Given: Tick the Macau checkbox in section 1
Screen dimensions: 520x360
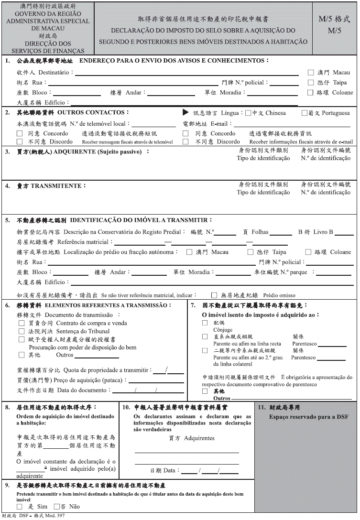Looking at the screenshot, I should [310, 73].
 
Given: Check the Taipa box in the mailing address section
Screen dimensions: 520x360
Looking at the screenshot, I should [310, 82].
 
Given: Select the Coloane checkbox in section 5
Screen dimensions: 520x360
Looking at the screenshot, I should [308, 252].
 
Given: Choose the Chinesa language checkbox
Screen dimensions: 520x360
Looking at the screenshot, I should [248, 113].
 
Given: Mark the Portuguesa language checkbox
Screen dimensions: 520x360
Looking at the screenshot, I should [304, 113].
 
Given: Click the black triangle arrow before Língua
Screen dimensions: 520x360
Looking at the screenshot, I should [185, 113].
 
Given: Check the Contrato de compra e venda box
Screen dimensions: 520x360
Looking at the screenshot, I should [21, 323].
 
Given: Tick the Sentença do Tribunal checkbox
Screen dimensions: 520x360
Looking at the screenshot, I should [21, 331].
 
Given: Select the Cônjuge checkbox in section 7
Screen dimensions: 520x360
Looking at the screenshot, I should [205, 323].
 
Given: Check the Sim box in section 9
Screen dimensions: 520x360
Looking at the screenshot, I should [20, 506].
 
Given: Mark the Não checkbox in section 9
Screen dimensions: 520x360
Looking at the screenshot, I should [56, 506].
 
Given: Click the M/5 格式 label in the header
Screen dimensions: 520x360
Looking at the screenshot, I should [334, 20].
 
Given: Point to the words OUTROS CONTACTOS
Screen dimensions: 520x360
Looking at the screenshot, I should [93, 112].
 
